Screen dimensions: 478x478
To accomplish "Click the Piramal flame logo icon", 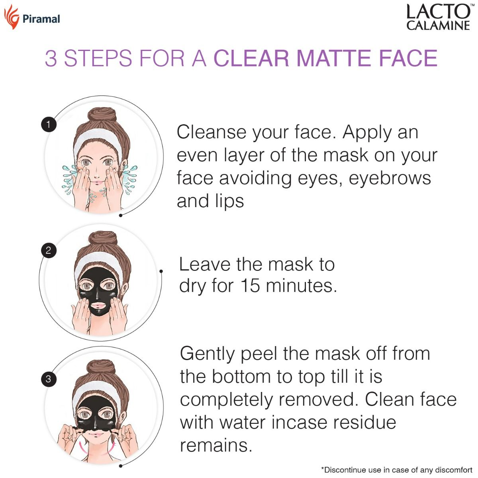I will [11, 17].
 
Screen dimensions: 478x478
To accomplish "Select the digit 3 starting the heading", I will [51, 58].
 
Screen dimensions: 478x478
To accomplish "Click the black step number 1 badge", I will [49, 125].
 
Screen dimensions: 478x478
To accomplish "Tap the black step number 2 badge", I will [49, 251].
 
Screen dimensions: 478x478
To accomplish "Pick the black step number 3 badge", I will [49, 378].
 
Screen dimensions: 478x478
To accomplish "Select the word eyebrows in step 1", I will [390, 178].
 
